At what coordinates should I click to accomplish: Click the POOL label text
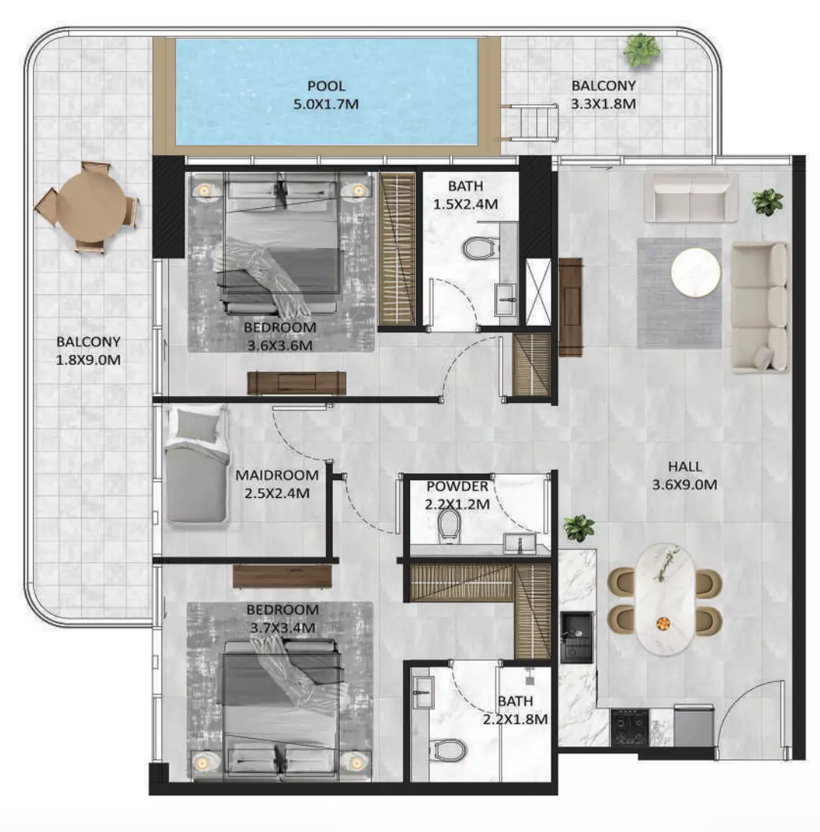327,86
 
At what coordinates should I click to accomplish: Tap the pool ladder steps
531,122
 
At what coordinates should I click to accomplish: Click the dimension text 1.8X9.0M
88,359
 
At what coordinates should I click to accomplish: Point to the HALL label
685,466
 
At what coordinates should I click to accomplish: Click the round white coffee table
695,272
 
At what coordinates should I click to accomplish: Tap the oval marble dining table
665,599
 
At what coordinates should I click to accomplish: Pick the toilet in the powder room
449,525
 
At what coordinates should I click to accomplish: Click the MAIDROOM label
277,475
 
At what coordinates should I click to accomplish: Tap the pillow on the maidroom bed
197,424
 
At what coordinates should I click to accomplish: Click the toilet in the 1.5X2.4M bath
480,249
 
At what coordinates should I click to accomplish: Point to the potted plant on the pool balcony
641,50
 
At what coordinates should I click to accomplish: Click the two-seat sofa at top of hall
691,197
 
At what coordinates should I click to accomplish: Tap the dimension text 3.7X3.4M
282,628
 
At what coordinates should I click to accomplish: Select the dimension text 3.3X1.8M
603,103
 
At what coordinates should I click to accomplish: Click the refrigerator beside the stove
693,726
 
